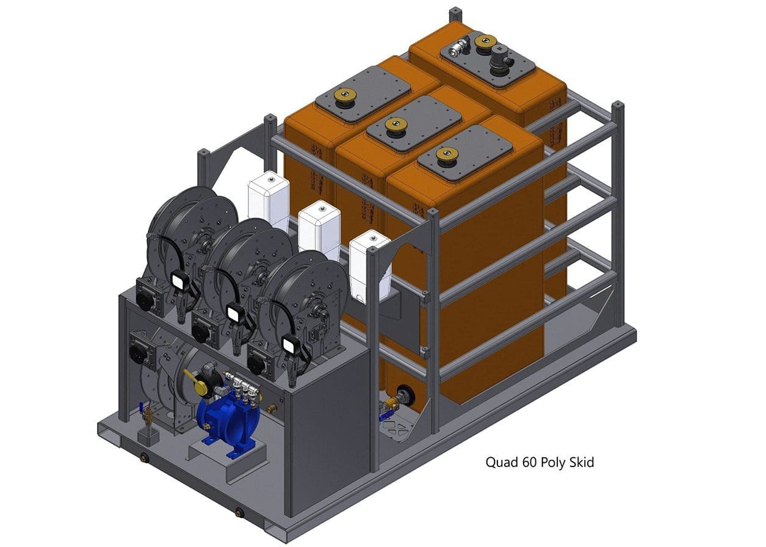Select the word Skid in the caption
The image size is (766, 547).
point(581,462)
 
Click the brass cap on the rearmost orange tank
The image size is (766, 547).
point(485,43)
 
